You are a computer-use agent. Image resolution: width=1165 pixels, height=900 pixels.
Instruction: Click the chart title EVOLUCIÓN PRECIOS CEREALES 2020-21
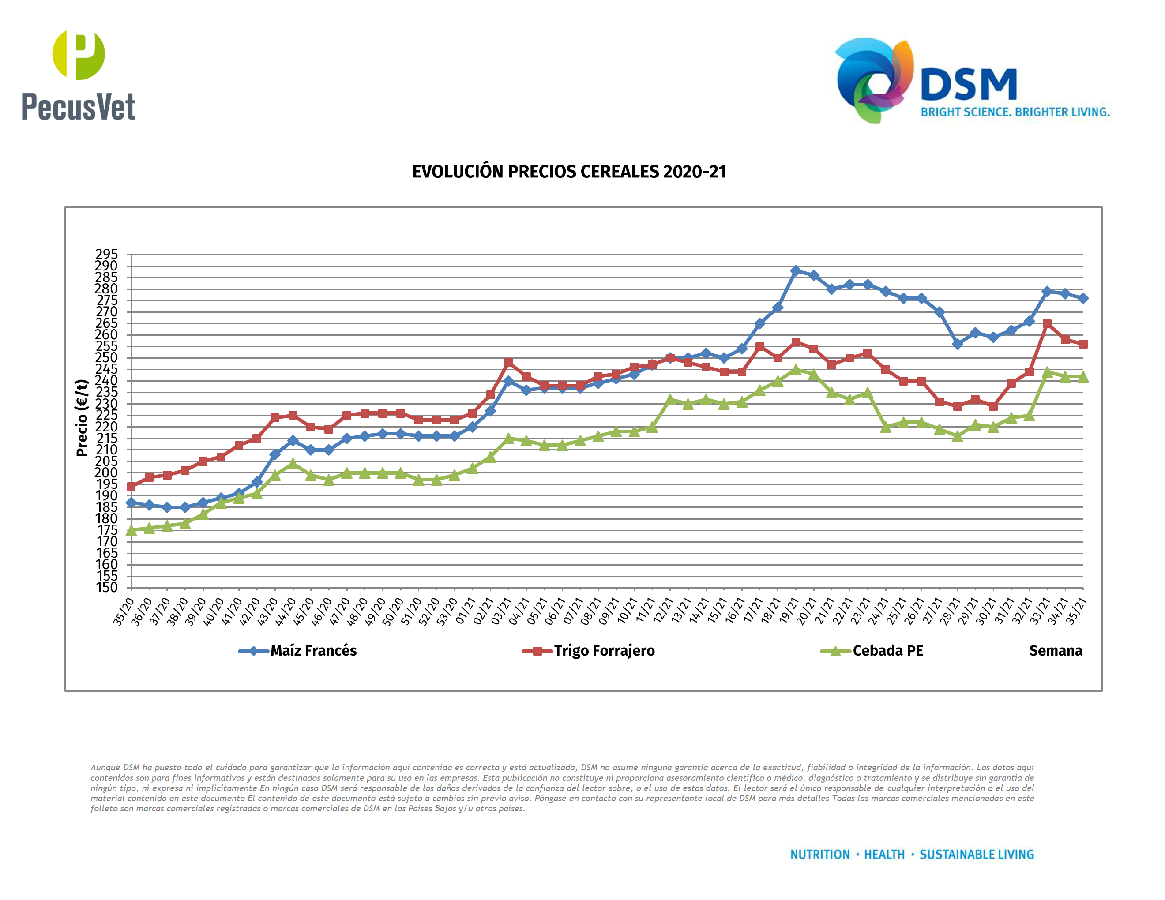tap(569, 172)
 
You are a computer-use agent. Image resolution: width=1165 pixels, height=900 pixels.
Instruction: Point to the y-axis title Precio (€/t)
tap(82, 417)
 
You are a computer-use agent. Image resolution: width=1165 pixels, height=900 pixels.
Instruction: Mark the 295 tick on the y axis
tap(106, 254)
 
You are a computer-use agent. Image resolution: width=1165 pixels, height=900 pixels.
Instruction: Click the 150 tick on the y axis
tap(106, 588)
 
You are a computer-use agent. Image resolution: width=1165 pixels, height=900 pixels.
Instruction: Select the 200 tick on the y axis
tap(106, 472)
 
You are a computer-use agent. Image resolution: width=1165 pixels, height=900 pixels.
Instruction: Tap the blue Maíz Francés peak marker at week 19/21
tap(795, 271)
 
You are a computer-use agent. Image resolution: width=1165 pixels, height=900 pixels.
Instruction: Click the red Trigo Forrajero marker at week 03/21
tap(508, 363)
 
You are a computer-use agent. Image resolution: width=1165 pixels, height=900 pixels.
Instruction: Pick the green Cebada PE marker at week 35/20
tap(131, 530)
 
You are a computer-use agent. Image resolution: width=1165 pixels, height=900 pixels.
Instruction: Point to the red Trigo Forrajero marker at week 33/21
tap(1047, 324)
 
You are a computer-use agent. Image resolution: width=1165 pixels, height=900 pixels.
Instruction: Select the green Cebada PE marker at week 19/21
tap(795, 370)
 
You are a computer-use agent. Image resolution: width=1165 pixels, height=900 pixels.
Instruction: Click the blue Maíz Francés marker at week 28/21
tap(958, 345)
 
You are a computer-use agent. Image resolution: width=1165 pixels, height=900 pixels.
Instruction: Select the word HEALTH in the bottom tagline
tap(884, 855)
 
